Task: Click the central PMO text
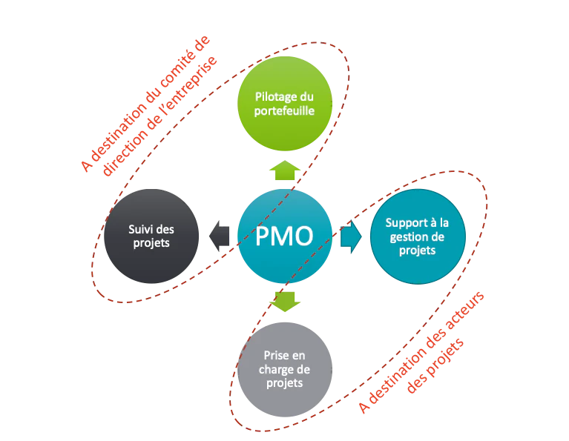[x=284, y=236]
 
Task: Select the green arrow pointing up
[x=285, y=170]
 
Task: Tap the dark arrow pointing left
[x=220, y=236]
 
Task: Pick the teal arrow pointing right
[x=351, y=237]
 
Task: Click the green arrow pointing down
[x=285, y=302]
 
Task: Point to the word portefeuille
[x=284, y=110]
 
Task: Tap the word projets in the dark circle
[x=151, y=243]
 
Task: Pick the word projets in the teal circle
[x=418, y=251]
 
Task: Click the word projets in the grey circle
[x=285, y=383]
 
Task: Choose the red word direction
[x=125, y=152]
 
